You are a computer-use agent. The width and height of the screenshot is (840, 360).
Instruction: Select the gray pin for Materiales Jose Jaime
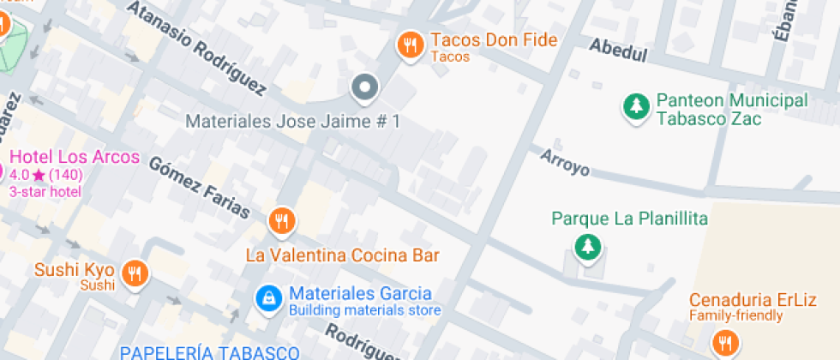pos(366,86)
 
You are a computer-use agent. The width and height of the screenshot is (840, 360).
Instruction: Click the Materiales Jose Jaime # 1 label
pos(293,122)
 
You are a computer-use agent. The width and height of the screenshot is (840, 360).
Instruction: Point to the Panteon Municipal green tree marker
pos(635,107)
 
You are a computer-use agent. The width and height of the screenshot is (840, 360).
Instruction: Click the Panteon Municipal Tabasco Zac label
pos(731,109)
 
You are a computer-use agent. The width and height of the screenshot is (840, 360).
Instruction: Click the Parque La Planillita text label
pos(629,219)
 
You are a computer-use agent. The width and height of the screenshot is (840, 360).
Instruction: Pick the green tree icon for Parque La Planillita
pos(588,247)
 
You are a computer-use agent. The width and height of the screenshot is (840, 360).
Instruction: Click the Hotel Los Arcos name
pos(74,157)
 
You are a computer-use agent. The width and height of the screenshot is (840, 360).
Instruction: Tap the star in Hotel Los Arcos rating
pos(39,175)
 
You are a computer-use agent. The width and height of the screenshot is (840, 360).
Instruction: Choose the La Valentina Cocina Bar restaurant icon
pos(281,221)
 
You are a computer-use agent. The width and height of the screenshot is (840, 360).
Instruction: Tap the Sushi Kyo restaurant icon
pos(135,273)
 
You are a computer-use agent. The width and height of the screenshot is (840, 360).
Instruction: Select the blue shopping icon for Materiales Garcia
pos(269,298)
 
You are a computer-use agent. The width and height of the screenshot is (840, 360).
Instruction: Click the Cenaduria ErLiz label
pos(753,300)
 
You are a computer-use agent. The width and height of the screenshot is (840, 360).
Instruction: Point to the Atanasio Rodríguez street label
pos(197,45)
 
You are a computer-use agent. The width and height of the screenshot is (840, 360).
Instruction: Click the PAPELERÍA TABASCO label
pos(209,352)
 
